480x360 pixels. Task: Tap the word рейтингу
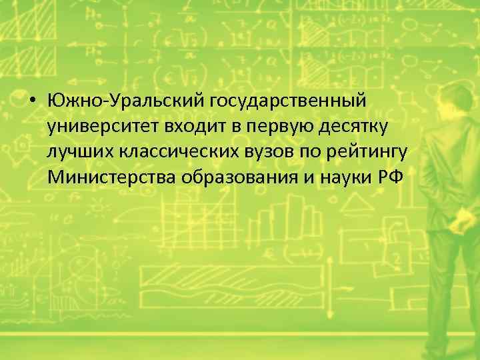pos(371,153)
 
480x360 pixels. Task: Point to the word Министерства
pos(107,177)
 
